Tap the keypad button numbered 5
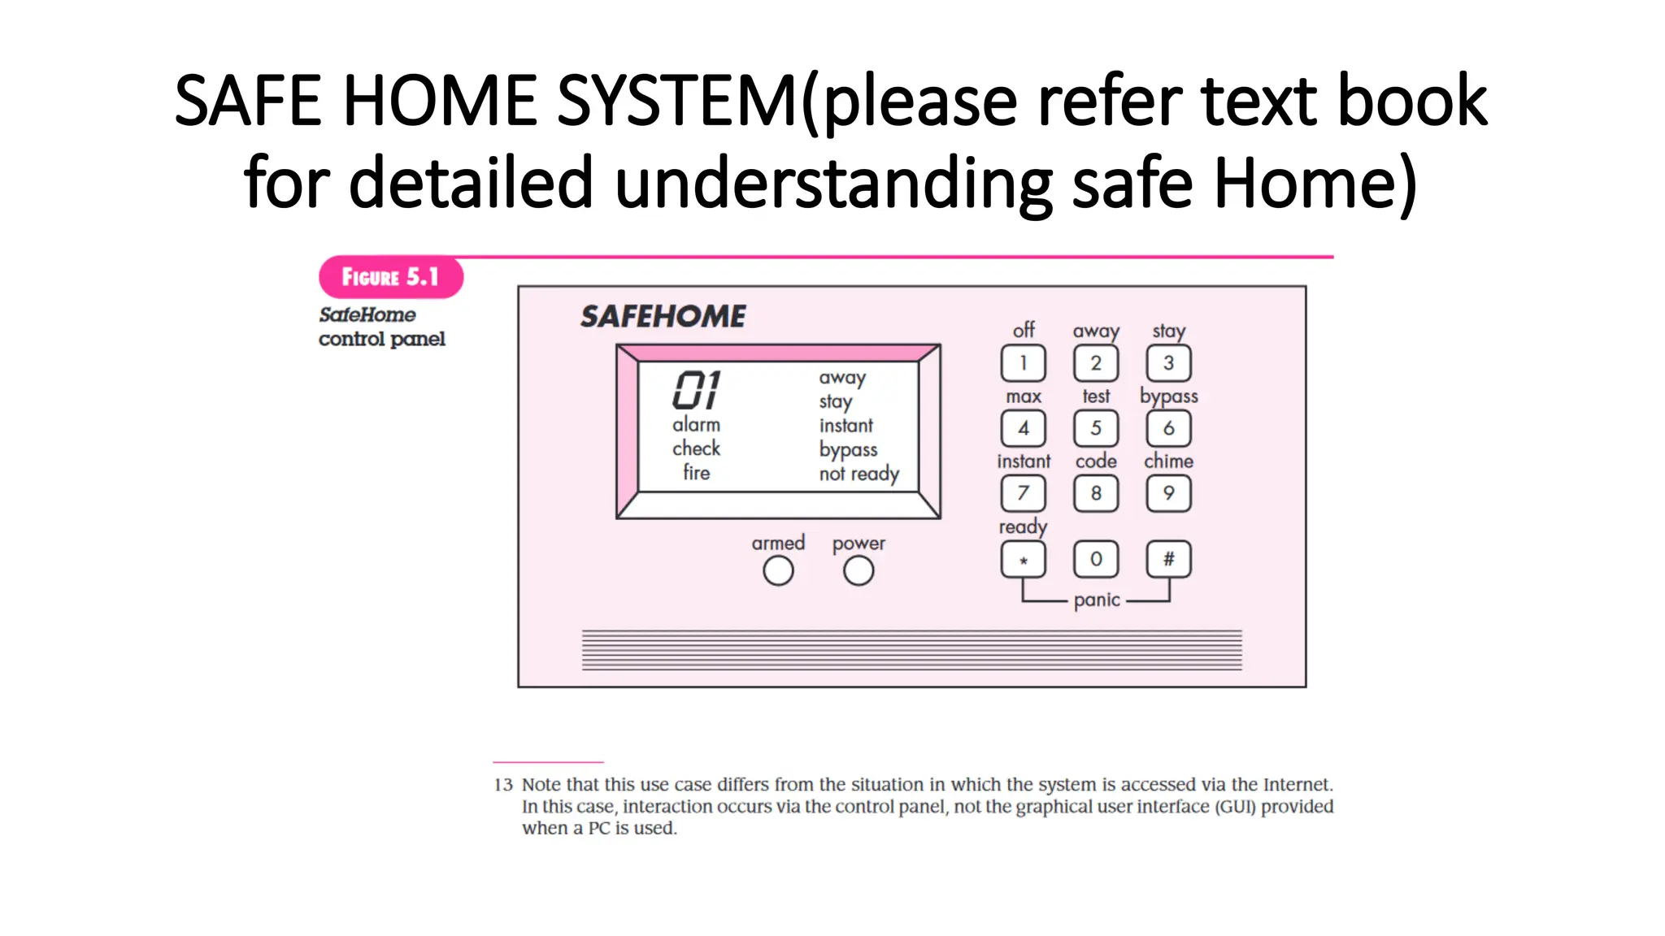1095,428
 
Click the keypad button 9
1168,493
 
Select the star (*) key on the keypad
1023,560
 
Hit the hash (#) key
1168,559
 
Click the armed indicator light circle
778,571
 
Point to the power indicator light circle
859,571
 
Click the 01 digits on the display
697,390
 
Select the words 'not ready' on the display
859,474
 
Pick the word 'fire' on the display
696,473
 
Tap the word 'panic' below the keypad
1097,600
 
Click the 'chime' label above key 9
1168,461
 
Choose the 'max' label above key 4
1024,396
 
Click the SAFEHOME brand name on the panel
663,316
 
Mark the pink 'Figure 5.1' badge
390,277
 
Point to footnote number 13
503,785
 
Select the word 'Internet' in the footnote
1297,785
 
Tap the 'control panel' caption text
381,339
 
